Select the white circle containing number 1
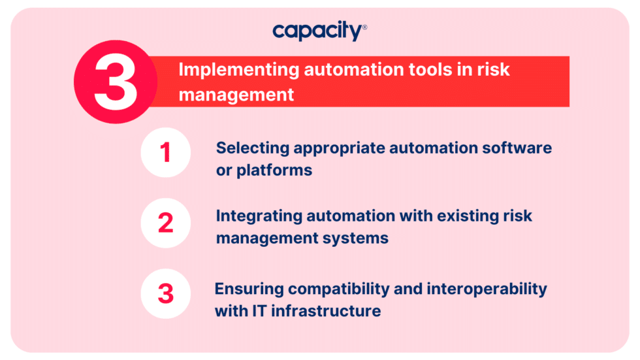(x=166, y=153)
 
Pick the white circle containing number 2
(x=166, y=223)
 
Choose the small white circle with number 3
(x=166, y=293)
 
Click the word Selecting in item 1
(x=252, y=148)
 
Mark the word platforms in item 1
(x=274, y=171)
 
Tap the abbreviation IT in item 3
(x=258, y=311)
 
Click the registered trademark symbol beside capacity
(x=364, y=27)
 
